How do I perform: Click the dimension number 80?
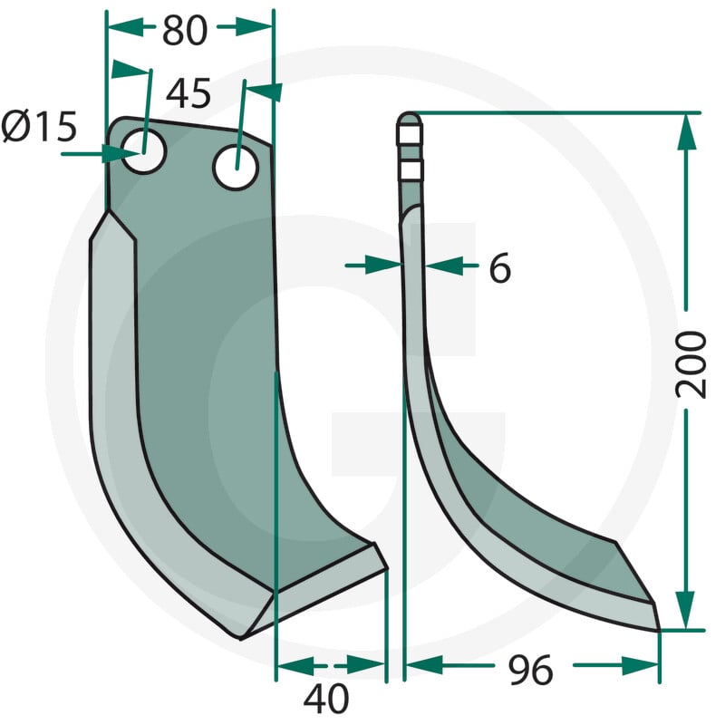coord(185,31)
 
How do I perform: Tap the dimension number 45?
coord(188,93)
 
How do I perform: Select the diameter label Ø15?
coord(39,126)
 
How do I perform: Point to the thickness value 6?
coord(500,267)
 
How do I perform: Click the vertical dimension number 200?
coord(691,365)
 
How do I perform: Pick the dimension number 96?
coord(530,670)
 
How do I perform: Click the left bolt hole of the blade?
coord(145,151)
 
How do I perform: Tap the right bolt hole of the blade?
coord(237,167)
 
